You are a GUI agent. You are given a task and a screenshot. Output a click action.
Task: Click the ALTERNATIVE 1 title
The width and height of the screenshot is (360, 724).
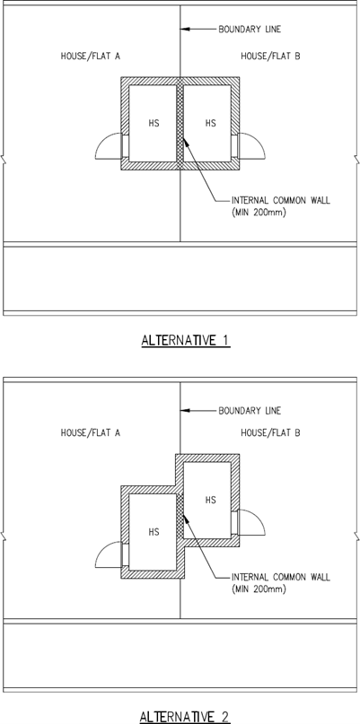(x=185, y=341)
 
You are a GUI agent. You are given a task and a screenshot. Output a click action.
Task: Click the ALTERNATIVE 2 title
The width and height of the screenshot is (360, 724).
(x=185, y=717)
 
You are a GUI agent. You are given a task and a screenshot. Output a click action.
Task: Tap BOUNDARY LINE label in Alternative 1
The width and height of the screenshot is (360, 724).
(x=250, y=30)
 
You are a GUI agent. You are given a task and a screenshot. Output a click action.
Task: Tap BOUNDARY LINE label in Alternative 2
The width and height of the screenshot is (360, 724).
(x=250, y=411)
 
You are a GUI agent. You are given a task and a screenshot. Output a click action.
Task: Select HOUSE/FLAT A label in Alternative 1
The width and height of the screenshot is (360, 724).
(x=91, y=57)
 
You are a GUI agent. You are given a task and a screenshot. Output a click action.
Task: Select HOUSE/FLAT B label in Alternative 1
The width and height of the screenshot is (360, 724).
(x=270, y=57)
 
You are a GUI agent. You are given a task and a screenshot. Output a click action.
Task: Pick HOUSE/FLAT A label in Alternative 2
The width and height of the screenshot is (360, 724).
(x=91, y=433)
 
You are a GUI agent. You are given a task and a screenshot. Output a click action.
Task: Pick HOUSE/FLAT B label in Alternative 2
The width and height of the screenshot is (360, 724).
(x=270, y=433)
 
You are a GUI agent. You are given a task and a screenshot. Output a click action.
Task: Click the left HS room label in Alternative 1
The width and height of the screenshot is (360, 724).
(x=154, y=123)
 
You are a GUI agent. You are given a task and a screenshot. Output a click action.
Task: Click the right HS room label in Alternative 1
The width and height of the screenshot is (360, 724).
(x=210, y=123)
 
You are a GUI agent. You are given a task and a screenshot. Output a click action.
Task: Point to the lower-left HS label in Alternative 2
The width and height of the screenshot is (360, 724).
(x=154, y=532)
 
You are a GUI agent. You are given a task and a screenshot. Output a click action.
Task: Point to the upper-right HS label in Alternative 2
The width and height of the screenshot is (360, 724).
(x=210, y=500)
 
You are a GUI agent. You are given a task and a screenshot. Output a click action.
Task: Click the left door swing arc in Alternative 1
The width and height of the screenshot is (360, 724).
(x=102, y=140)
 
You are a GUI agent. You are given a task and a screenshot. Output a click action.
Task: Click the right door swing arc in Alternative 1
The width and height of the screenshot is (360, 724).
(x=258, y=140)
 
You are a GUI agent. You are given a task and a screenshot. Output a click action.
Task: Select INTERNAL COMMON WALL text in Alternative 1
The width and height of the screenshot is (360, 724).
(x=281, y=201)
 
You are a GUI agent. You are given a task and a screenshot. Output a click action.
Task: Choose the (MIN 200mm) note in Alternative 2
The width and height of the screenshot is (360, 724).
(x=259, y=589)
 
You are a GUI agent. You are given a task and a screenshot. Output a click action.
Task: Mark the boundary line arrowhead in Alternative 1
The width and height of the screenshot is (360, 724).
(x=185, y=30)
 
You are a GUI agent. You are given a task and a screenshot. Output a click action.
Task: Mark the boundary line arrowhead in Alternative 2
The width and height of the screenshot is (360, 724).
(x=185, y=411)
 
